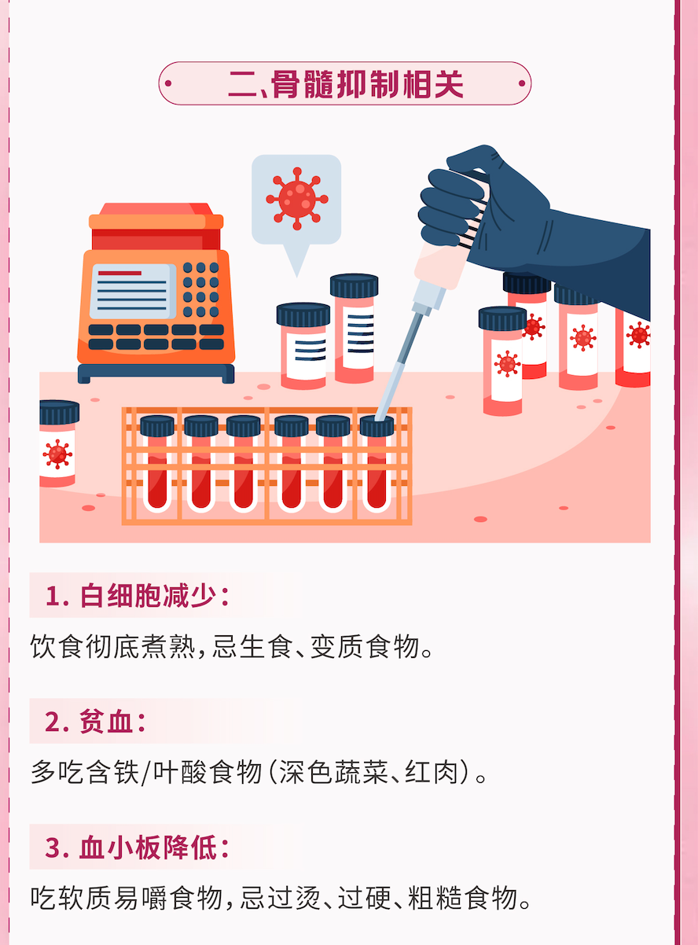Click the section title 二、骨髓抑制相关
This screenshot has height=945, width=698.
tap(346, 84)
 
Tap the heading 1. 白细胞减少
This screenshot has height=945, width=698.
tap(138, 596)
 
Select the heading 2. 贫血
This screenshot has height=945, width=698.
tap(95, 721)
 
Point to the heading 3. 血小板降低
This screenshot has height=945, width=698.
tap(138, 847)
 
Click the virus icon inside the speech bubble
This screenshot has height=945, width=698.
tap(297, 199)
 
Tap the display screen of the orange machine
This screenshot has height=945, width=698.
tap(133, 292)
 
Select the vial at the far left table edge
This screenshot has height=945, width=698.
tap(58, 443)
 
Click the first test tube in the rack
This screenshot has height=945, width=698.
tap(157, 464)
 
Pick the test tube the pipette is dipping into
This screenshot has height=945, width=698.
tap(377, 464)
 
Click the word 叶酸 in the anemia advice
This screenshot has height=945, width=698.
tap(180, 771)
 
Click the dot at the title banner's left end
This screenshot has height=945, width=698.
tap(168, 83)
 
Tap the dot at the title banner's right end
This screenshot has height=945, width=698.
tap(522, 83)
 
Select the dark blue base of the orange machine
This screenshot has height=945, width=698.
tap(156, 373)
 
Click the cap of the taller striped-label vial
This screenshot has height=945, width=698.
tap(355, 285)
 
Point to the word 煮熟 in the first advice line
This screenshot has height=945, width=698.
tap(169, 646)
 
